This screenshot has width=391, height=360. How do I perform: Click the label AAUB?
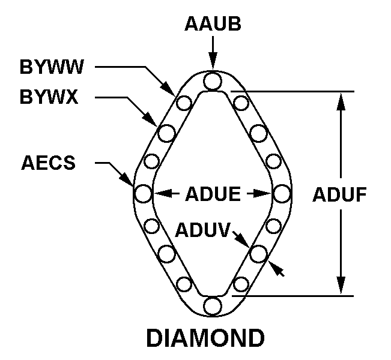click(x=213, y=23)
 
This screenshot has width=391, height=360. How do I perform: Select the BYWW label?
click(x=52, y=67)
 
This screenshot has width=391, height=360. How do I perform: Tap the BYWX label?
click(x=49, y=97)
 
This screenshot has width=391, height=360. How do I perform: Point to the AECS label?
click(x=49, y=163)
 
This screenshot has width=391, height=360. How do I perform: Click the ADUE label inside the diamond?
click(x=213, y=194)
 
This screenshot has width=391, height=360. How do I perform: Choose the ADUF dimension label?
click(x=339, y=194)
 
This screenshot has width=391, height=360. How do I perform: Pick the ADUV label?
click(x=202, y=229)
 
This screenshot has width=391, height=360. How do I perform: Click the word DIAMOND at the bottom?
click(x=205, y=338)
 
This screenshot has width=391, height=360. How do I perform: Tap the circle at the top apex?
click(x=213, y=80)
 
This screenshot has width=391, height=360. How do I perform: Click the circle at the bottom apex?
click(x=213, y=306)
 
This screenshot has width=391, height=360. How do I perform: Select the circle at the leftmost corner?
click(x=143, y=193)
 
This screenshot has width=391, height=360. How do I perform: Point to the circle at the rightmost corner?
click(x=282, y=193)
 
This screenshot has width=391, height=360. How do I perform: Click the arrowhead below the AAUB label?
click(x=213, y=61)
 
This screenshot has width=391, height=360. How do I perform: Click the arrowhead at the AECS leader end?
click(x=126, y=178)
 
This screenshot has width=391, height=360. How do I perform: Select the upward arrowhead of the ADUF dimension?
click(x=341, y=101)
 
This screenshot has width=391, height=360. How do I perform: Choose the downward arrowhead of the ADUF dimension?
click(x=341, y=286)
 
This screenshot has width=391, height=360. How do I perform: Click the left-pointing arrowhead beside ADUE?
click(x=163, y=193)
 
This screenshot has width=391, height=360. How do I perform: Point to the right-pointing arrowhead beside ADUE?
click(x=262, y=193)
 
